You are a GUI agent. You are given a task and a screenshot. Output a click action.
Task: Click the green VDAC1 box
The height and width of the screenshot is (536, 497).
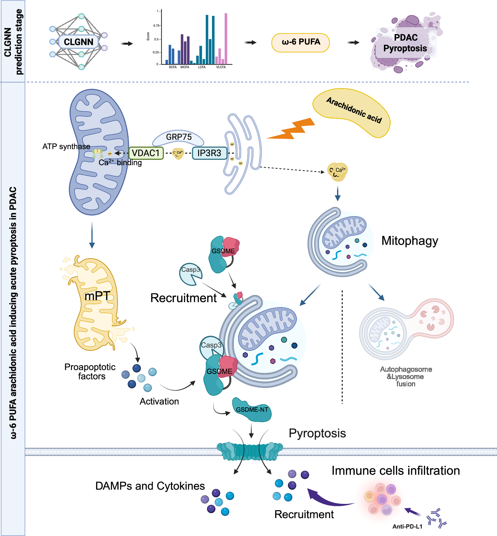click(x=146, y=153)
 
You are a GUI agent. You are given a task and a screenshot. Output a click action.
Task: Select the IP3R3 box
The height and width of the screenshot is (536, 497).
click(x=209, y=153)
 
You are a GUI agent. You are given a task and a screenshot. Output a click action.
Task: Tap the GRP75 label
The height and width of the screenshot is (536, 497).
click(x=179, y=137)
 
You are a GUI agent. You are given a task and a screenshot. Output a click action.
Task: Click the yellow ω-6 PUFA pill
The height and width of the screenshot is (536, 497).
click(x=301, y=42)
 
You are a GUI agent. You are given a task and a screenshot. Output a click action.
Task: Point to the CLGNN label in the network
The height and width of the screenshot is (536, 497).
click(x=79, y=42)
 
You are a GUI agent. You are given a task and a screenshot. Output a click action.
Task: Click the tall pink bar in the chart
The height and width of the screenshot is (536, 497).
click(x=226, y=38)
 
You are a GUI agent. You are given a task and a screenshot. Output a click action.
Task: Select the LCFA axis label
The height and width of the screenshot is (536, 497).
click(x=202, y=67)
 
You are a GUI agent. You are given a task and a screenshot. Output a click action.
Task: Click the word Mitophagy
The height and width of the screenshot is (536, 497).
click(x=410, y=241)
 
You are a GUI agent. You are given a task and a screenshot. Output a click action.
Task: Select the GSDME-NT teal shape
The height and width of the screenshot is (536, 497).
click(x=252, y=410)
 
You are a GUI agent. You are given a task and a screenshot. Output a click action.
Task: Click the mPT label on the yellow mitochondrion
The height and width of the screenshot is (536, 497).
click(x=97, y=296)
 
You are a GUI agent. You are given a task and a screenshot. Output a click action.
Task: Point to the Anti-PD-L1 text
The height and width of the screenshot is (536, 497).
click(x=407, y=526)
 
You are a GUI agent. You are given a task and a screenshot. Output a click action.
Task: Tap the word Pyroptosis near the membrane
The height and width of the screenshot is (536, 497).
click(x=317, y=433)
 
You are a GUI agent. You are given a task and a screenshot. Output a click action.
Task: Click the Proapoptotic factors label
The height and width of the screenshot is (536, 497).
click(x=90, y=371)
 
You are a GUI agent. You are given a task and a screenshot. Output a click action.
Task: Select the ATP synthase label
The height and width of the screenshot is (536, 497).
click(x=66, y=147)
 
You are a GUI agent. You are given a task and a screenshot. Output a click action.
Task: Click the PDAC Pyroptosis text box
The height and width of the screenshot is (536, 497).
click(x=405, y=43)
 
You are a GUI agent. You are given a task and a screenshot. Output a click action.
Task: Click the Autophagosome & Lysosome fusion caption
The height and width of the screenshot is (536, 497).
click(x=406, y=376)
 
